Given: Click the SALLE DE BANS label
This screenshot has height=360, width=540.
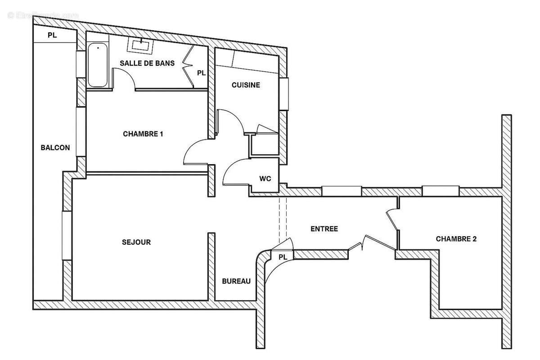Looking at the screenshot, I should [147, 63].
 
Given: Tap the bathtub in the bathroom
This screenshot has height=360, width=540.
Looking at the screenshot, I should [98, 65].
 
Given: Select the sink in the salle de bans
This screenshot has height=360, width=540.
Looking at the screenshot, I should [139, 45].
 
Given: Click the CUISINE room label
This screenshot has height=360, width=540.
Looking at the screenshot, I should [246, 85].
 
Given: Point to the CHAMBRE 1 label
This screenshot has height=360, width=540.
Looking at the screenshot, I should [143, 134].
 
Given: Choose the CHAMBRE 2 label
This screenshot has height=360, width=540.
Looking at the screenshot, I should [456, 239].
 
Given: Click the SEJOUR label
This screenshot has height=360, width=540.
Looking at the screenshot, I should [136, 242].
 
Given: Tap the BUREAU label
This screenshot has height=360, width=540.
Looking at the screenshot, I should [236, 281].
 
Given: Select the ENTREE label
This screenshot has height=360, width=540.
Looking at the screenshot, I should [324, 229].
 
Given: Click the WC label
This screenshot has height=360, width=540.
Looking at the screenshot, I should [265, 179].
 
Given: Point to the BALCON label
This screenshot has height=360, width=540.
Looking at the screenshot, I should [55, 148].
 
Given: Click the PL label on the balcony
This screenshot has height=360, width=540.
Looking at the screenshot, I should [52, 36].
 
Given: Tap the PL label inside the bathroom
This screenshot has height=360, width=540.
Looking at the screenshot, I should [201, 73].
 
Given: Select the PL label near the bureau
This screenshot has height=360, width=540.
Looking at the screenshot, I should [283, 257].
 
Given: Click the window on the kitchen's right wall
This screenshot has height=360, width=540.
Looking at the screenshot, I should [283, 94].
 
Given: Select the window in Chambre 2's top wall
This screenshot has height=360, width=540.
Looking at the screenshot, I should [441, 191].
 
